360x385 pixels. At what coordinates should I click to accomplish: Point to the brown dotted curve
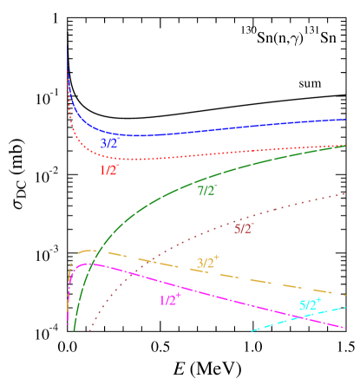pos(286,208)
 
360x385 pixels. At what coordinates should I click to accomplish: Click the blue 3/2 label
pos(108,143)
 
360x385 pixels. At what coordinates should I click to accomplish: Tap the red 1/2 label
pos(109,170)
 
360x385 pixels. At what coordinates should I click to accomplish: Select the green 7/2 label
pos(207,190)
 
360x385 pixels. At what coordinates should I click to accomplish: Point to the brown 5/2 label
pos(244,228)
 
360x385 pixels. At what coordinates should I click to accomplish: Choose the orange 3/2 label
pos(208,262)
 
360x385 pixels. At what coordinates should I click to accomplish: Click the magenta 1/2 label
pos(170,300)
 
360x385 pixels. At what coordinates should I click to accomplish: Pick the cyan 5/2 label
pos(310,304)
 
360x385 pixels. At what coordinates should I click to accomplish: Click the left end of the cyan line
pos(252,331)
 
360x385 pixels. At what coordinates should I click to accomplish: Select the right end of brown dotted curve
pos(346,193)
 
